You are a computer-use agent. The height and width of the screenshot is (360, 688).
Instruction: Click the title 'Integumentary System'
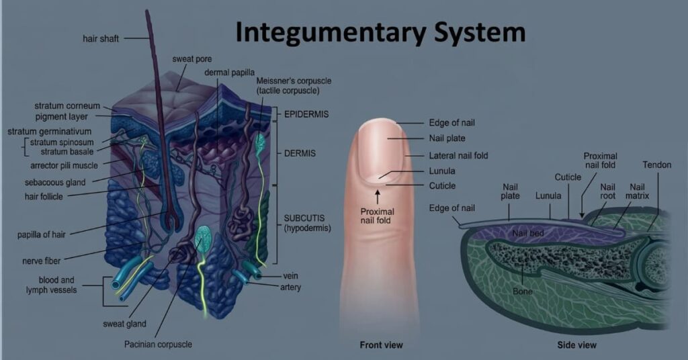point(380,32)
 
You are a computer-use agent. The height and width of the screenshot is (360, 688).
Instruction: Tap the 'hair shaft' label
point(101,39)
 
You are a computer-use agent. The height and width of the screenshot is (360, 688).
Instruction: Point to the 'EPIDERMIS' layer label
point(306,114)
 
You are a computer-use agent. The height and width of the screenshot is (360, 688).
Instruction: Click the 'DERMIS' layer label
point(299,154)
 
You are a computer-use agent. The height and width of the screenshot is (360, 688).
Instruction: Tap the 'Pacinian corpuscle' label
point(157,344)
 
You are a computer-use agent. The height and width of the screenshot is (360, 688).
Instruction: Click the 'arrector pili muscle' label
point(64,165)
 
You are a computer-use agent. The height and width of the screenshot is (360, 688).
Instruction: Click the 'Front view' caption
point(381,345)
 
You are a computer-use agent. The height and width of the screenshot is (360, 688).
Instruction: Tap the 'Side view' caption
point(576,345)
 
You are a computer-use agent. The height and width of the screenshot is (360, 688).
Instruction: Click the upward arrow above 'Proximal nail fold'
point(378,195)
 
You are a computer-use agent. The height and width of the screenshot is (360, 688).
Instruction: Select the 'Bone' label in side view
point(522,291)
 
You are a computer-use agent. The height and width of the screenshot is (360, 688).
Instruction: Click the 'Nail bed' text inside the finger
point(528,233)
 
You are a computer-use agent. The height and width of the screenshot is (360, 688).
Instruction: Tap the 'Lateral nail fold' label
point(458,156)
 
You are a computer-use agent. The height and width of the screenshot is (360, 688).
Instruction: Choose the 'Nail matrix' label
point(637,191)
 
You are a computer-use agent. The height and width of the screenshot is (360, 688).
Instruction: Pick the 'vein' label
point(290,275)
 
